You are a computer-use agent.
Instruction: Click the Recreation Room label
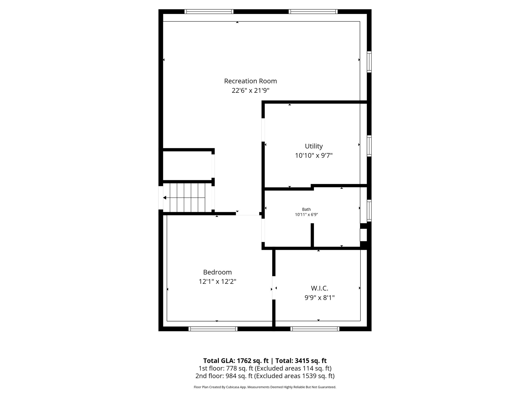tap(250, 81)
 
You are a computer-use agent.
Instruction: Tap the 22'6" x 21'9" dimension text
tap(250, 91)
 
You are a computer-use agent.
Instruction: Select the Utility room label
tap(314, 146)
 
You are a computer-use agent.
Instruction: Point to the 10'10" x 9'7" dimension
tap(314, 156)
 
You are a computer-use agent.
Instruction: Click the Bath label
tap(306, 209)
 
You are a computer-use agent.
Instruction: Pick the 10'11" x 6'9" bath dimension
tap(306, 215)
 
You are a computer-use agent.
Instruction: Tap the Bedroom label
tap(217, 272)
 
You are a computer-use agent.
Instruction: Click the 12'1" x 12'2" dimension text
tap(217, 282)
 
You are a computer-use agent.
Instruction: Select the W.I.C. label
tap(320, 288)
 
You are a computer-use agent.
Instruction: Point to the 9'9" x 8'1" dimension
tap(320, 298)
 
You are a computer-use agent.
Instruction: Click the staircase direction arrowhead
tap(165, 198)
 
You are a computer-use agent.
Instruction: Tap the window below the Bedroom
tap(213, 329)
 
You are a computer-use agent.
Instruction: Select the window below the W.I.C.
tap(315, 329)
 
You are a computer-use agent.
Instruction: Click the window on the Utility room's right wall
tap(369, 146)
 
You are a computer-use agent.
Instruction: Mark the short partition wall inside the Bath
tap(312, 235)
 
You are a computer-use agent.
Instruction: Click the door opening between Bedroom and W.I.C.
tap(274, 288)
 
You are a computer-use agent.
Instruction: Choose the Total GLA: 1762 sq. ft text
tap(236, 361)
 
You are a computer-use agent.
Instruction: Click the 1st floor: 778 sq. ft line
tap(265, 368)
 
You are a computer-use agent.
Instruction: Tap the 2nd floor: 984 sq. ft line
tap(265, 376)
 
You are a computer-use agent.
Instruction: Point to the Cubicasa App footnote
tap(265, 387)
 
